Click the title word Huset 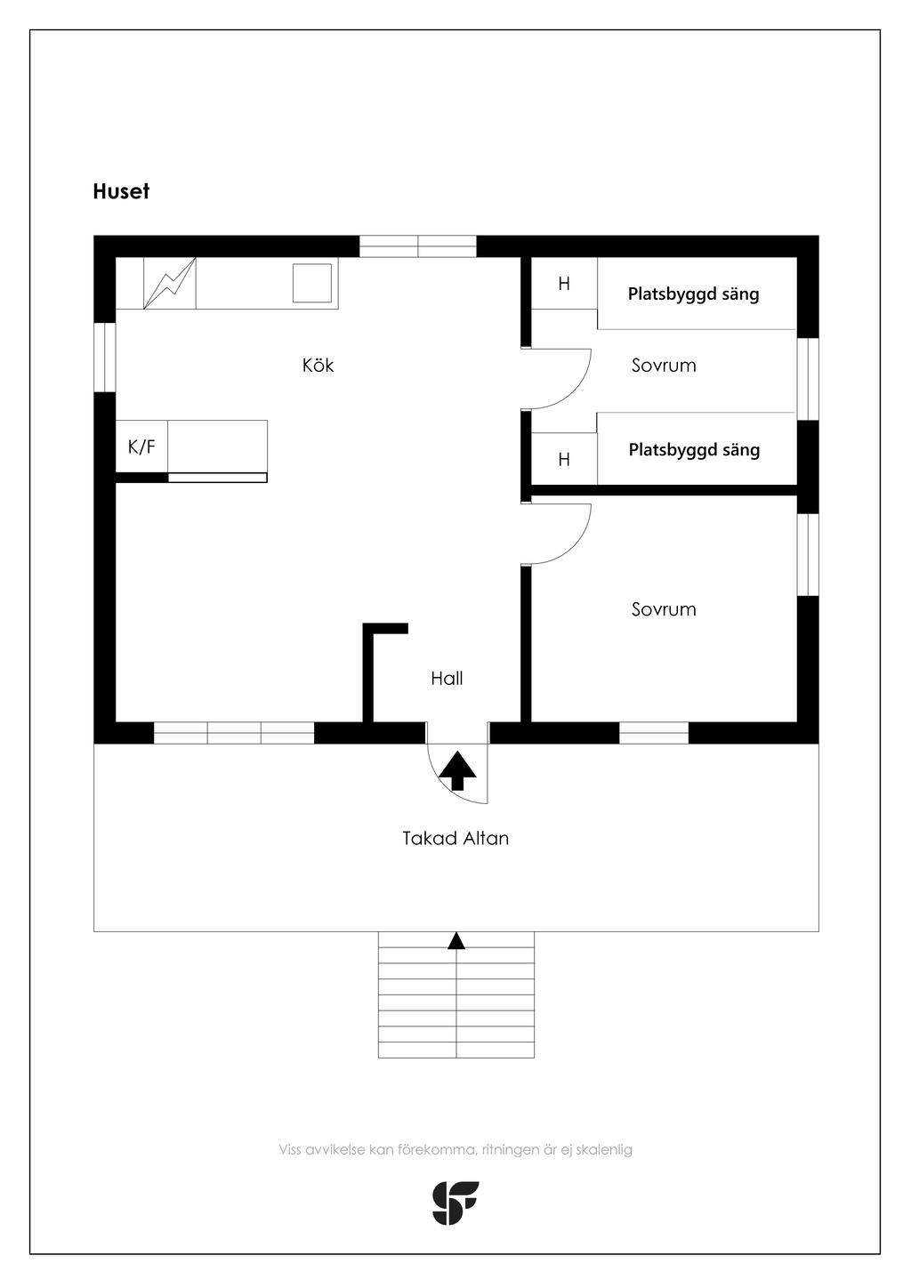[x=121, y=191]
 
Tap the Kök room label [x=318, y=366]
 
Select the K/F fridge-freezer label [x=141, y=447]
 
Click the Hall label [x=447, y=679]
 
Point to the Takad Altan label [x=455, y=838]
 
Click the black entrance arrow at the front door [x=458, y=770]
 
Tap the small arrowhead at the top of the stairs [x=456, y=941]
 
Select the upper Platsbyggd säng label [x=693, y=294]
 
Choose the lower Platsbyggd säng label [x=694, y=450]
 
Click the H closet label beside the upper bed [x=564, y=285]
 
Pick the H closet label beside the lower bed [x=564, y=460]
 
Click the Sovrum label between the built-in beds [x=664, y=366]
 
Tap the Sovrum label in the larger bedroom [x=664, y=609]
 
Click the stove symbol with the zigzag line [x=169, y=284]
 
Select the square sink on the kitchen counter [x=312, y=282]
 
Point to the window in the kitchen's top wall [x=417, y=246]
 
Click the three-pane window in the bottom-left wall [x=234, y=733]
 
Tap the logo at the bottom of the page [x=455, y=1203]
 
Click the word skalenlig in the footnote [x=604, y=1149]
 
